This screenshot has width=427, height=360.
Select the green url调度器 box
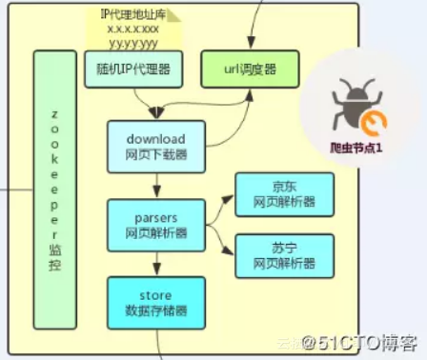[x=249, y=70]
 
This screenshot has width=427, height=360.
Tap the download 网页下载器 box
[x=154, y=147]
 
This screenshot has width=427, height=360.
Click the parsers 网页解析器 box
[x=154, y=224]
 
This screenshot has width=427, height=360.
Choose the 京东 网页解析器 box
[x=283, y=194]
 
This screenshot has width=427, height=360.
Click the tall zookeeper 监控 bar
[x=55, y=190]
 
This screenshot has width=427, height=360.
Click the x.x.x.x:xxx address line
[x=133, y=29]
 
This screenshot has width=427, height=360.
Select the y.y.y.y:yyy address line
[x=133, y=43]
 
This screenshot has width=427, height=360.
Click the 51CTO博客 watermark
[x=361, y=340]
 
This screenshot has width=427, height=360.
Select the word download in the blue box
[x=154, y=139]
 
